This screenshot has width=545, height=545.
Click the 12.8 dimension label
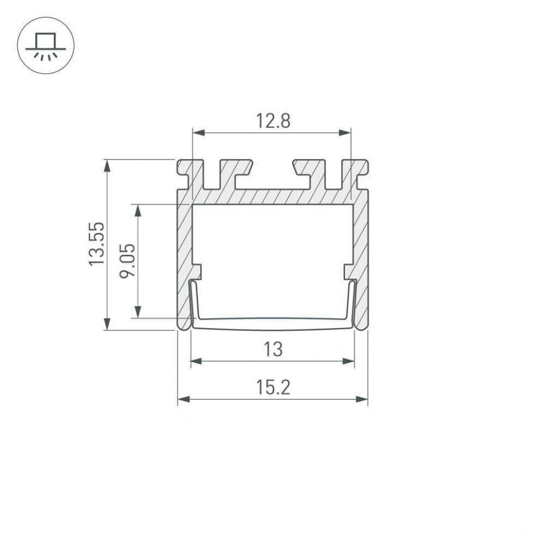[x=272, y=121]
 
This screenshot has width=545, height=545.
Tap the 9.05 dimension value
[x=128, y=260]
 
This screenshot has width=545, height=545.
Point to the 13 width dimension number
[x=272, y=349]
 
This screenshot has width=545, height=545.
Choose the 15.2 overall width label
[x=273, y=388]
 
